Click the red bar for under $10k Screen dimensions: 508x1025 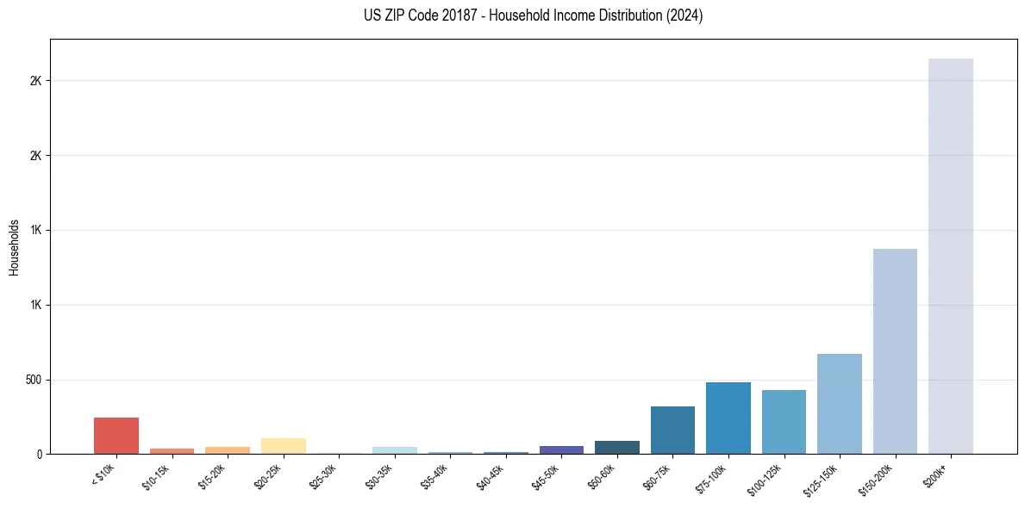click(116, 436)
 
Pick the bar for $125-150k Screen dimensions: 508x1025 click(839, 404)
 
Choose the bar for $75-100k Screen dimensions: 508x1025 click(728, 418)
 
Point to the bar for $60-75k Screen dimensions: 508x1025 click(672, 431)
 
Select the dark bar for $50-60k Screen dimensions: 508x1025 click(617, 448)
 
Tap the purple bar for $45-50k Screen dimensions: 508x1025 click(561, 449)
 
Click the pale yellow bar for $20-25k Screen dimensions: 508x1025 click(284, 446)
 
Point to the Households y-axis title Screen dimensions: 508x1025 click(15, 247)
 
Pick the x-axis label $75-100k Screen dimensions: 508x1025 click(712, 477)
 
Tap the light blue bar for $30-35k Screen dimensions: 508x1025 click(395, 450)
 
